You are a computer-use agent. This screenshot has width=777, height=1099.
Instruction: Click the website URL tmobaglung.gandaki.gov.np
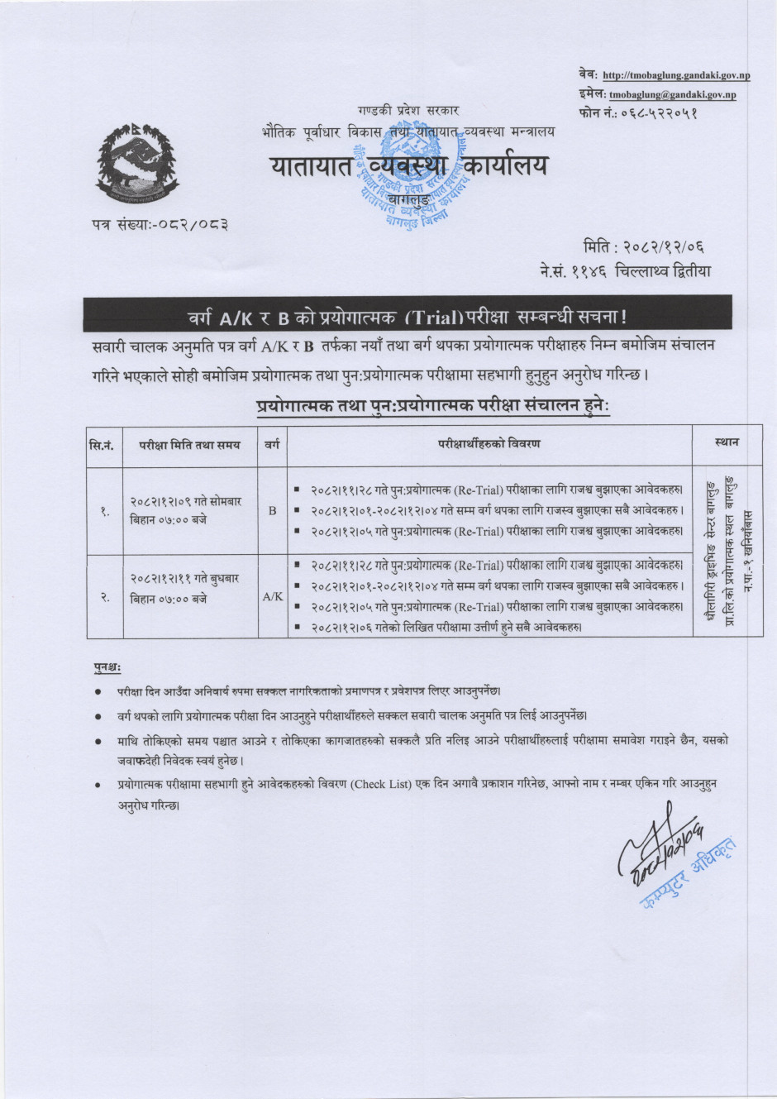676,76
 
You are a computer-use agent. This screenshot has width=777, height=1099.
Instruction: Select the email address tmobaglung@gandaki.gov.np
672,95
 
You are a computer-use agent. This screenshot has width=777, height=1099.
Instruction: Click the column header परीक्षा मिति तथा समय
189,444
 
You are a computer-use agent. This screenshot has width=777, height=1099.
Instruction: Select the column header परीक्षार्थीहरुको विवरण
489,444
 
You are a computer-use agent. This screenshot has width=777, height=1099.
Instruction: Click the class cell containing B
272,511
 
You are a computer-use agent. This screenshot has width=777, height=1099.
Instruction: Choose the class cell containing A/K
272,595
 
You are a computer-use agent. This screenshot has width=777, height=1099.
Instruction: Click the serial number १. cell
105,511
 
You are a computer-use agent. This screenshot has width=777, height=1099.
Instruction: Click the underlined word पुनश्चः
107,667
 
